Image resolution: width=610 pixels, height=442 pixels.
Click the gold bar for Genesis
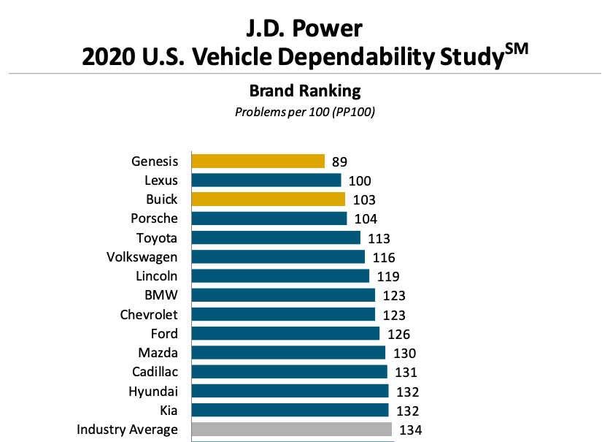tap(258, 161)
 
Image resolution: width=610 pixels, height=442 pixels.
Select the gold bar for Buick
tap(268, 199)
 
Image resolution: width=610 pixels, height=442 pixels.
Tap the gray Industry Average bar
tap(291, 429)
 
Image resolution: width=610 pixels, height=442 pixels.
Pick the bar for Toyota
tap(276, 237)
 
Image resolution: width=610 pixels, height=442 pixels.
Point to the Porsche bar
tap(269, 218)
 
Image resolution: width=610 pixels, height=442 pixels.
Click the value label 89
tap(339, 161)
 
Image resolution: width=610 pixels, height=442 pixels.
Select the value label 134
tap(410, 430)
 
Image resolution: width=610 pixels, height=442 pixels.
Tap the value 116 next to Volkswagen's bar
tap(383, 257)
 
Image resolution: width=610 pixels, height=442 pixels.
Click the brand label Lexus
tap(161, 180)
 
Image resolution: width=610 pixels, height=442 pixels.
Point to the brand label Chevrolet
tap(149, 314)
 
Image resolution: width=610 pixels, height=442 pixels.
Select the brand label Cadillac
tap(155, 372)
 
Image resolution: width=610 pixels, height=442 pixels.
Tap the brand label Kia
tap(168, 410)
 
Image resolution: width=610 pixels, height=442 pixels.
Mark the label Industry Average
tap(127, 429)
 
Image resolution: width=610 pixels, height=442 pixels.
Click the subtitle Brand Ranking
tap(305, 91)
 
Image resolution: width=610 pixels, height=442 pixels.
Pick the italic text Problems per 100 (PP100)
tap(305, 113)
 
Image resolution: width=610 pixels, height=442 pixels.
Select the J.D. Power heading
tap(305, 28)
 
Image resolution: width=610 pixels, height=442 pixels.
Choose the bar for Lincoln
tap(280, 276)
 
